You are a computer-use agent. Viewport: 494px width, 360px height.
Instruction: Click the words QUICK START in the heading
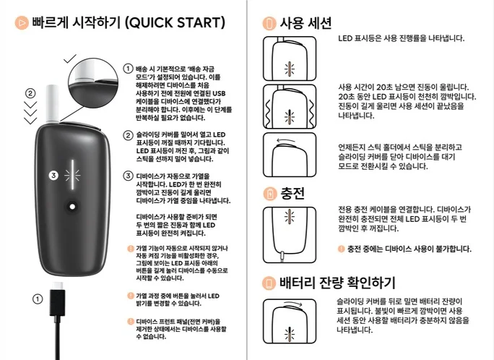tap(181, 22)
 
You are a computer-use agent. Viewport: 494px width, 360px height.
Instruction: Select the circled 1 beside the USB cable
tap(36, 299)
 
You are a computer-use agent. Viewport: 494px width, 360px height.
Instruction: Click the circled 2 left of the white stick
tap(30, 93)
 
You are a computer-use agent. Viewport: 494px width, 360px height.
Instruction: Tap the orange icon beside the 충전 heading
tap(269, 194)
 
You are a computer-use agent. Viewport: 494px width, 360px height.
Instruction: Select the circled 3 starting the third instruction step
tap(127, 175)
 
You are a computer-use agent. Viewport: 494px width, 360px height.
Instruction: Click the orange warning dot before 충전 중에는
tap(341, 249)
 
